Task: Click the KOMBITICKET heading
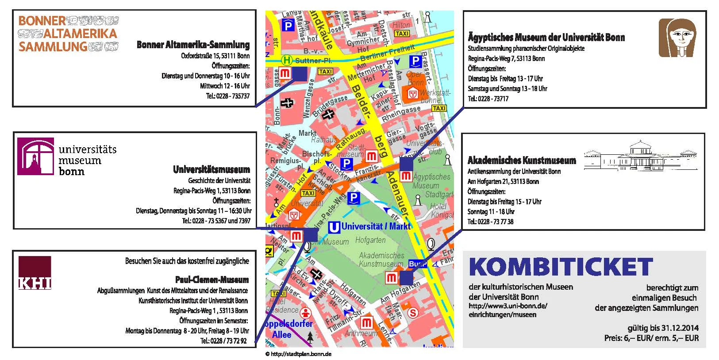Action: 561,267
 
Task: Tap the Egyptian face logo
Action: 677,38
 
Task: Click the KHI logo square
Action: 35,272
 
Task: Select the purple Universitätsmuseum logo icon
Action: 36,157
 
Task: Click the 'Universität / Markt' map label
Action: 376,226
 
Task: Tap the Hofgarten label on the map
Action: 370,240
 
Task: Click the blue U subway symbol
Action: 334,227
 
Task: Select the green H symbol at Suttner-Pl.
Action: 288,60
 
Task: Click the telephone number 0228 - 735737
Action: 228,96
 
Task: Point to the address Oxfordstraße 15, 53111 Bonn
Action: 215,56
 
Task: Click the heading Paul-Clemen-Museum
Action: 212,280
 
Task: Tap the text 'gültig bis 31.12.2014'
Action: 663,328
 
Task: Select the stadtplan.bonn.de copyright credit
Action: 298,354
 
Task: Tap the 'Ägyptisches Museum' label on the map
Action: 431,181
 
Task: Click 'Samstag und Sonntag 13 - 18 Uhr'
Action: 508,88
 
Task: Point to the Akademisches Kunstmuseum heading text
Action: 522,160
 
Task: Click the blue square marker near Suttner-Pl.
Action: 300,73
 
